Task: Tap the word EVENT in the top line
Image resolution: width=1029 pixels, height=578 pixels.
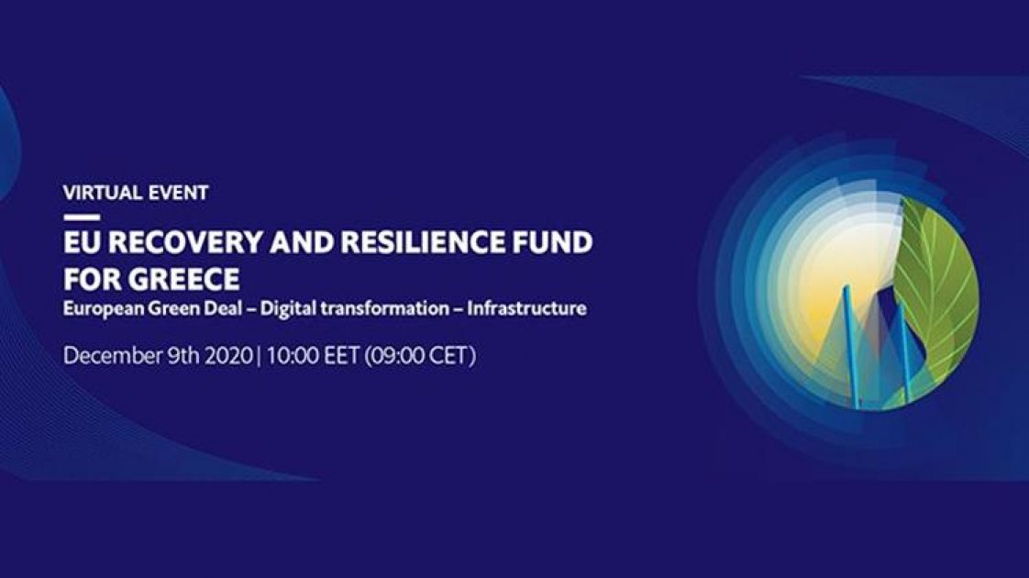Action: point(178,193)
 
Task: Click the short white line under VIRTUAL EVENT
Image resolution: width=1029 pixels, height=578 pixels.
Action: point(81,217)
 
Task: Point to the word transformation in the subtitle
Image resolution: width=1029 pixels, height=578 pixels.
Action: point(382,308)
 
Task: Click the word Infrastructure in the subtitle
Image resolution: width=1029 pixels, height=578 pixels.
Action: point(526,308)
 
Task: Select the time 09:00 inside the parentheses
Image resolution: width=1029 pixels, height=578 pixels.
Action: point(401,356)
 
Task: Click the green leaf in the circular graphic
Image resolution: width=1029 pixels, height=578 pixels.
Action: point(937,284)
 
